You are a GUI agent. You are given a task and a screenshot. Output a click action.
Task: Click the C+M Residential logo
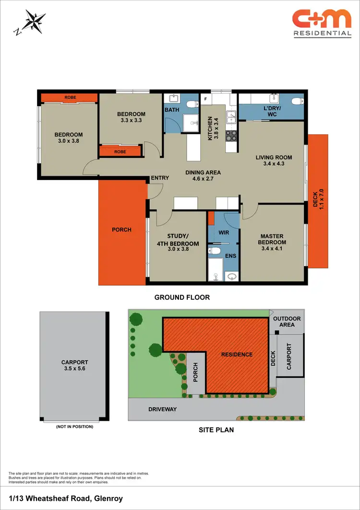pos(322,23)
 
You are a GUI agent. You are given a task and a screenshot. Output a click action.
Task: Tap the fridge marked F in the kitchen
pos(205,99)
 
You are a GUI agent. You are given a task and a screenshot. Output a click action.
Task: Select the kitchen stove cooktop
pos(231,136)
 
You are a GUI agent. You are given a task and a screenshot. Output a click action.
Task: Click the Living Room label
pos(274,158)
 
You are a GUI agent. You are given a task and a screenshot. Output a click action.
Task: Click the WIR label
pos(224,232)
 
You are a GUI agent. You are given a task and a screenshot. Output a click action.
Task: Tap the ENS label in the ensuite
pos(231,256)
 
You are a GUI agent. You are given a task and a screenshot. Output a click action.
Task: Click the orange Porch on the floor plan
pos(122,230)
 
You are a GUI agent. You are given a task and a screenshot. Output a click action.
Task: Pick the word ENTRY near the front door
pos(160,178)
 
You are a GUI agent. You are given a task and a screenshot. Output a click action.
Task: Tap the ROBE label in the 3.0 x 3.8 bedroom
pos(70,97)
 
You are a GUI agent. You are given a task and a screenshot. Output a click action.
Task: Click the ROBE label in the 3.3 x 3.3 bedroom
pos(120,151)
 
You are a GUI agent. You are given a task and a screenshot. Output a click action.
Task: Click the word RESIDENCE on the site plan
pos(237,354)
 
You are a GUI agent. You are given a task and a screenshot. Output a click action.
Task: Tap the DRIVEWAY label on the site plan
pos(162,409)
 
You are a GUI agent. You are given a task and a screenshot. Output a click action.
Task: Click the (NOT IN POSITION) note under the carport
pos(74,426)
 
